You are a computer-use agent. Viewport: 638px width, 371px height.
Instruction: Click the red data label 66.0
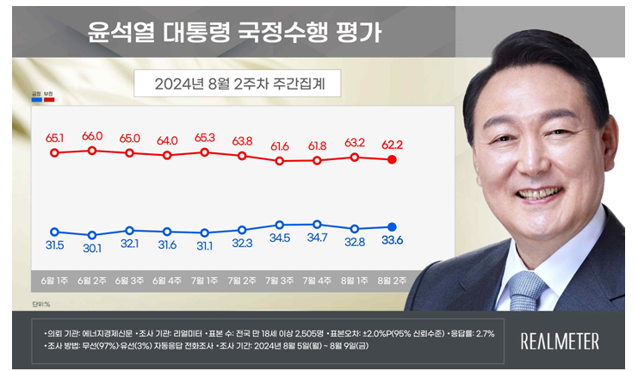[92, 136]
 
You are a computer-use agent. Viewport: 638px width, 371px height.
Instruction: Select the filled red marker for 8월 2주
[393, 160]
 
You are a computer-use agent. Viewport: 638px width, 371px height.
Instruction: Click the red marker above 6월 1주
[54, 153]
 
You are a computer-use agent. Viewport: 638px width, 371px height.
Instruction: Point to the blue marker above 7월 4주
[318, 225]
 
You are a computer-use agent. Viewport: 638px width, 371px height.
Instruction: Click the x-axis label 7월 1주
[205, 281]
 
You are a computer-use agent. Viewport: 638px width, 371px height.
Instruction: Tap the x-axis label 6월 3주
[129, 281]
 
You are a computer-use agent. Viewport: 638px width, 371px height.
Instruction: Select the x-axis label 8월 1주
[355, 281]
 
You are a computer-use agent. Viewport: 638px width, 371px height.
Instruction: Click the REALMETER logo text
[560, 341]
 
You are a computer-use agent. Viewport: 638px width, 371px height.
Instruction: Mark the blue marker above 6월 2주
[92, 235]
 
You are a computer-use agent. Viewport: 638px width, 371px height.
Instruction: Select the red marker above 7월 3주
[280, 160]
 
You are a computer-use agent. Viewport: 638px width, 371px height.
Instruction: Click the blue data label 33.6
[393, 241]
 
